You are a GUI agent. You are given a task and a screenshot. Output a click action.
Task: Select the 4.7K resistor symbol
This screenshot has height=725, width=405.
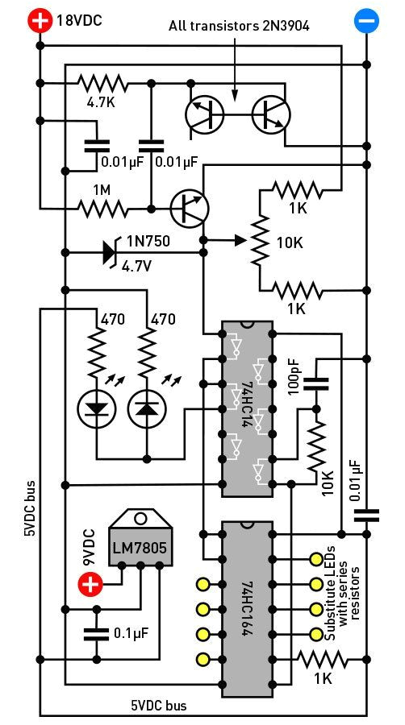coord(102,82)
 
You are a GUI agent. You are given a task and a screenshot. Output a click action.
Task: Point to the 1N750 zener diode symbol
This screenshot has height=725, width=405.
coord(108,253)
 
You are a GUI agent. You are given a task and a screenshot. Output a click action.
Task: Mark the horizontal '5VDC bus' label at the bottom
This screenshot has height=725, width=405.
coord(159,706)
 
